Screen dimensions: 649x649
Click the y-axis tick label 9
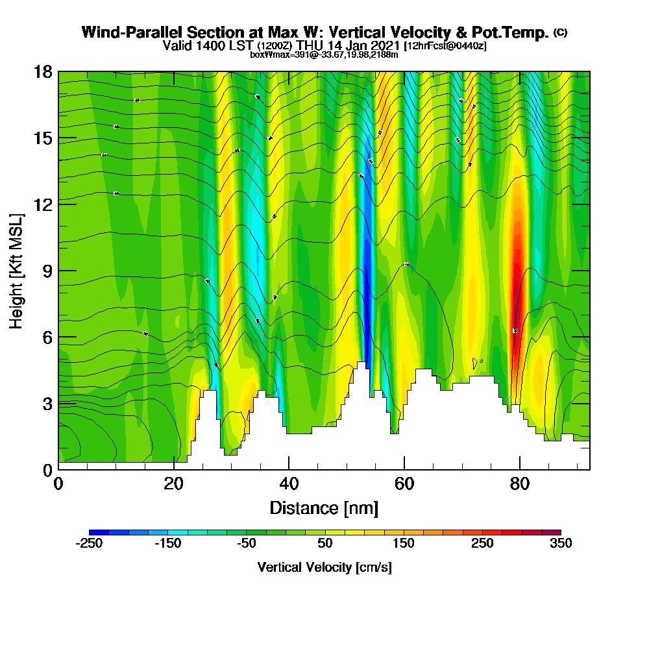[x=47, y=271]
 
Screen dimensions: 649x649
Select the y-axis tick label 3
[x=47, y=403]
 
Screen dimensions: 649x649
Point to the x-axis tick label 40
[x=289, y=484]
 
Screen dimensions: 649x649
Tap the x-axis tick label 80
[x=519, y=484]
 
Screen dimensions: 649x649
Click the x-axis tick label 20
[x=173, y=484]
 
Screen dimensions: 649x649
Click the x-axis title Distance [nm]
[x=324, y=508]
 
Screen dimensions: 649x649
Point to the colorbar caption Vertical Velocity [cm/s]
[x=324, y=567]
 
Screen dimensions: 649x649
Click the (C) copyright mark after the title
[x=560, y=32]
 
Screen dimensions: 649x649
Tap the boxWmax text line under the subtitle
[x=324, y=55]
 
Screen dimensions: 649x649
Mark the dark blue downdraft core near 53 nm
[x=367, y=286]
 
